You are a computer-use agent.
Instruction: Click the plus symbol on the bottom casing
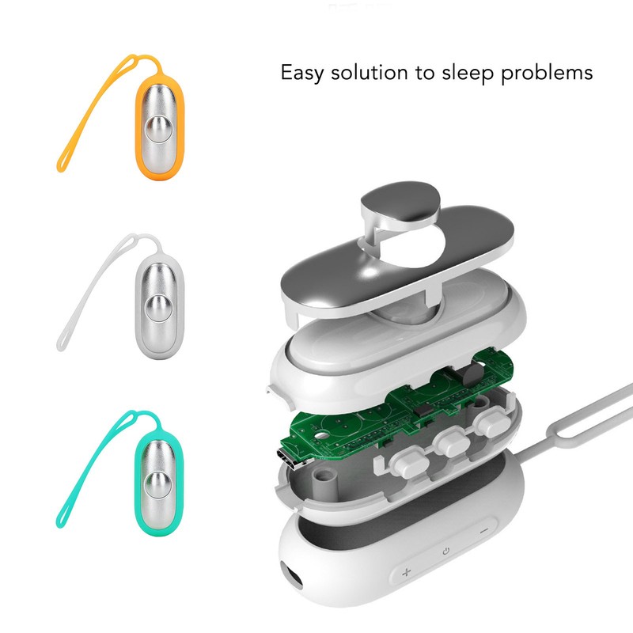(x=407, y=571)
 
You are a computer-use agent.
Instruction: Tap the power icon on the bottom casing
(x=446, y=550)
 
